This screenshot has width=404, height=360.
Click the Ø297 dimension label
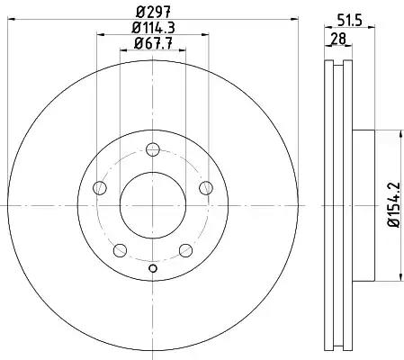[x=153, y=12]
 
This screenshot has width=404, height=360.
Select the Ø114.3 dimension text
[x=153, y=28]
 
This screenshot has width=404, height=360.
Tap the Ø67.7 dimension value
[x=153, y=44]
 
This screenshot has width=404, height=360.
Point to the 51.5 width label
[x=350, y=21]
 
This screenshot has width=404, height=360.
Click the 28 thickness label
[x=338, y=39]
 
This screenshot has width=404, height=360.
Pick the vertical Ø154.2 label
[x=393, y=204]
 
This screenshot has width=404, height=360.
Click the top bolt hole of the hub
[x=153, y=149]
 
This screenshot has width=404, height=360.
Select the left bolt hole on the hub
[x=100, y=188]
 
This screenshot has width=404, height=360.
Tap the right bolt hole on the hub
[x=206, y=188]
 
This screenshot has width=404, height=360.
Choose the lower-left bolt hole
[x=120, y=250]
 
